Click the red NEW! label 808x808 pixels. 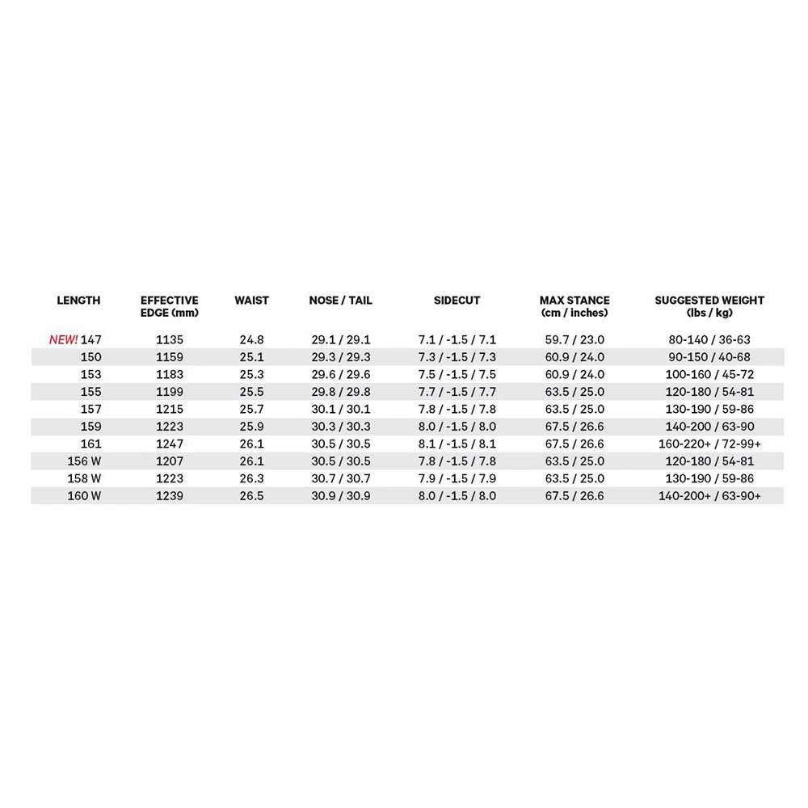[64, 339]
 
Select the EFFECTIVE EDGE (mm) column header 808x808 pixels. [170, 306]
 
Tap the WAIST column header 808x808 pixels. [252, 301]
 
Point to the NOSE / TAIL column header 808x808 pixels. [341, 301]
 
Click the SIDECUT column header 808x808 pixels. [457, 301]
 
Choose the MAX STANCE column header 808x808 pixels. [574, 306]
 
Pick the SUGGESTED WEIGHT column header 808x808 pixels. [709, 306]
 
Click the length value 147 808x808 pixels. [91, 339]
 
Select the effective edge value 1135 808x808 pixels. [170, 339]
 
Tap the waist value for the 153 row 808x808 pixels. [252, 374]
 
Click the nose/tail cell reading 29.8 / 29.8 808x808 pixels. [341, 391]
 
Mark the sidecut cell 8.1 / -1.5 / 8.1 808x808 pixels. [457, 444]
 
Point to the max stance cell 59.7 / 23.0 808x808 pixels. [574, 339]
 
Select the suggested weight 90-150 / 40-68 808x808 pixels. [709, 357]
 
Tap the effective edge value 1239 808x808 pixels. [170, 495]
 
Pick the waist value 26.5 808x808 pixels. [252, 495]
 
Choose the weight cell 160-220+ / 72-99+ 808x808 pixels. [709, 444]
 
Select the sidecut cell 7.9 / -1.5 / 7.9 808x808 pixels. [457, 478]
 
